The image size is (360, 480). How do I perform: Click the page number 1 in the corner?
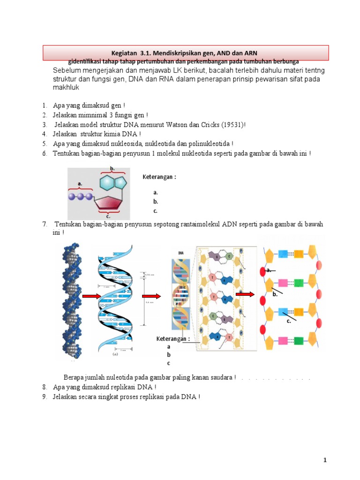point(324,461)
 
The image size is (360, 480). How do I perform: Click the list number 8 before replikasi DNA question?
point(45,387)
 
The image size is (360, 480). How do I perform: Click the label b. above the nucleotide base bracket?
point(112,168)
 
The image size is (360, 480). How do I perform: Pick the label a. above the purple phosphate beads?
point(80,184)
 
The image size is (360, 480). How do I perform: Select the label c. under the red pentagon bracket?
point(108,217)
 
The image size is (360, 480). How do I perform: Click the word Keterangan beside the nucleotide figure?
point(159,177)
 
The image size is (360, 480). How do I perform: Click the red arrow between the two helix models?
point(91,296)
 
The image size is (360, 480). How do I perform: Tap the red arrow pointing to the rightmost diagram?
point(245,294)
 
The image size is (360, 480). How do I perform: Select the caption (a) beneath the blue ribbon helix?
point(115,355)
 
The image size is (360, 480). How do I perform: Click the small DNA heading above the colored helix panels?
point(180,252)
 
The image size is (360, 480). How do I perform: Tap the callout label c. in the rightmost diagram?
point(289,322)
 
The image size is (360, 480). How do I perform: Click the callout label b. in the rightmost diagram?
point(275,295)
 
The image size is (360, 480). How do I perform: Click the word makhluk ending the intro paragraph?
point(66,88)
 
